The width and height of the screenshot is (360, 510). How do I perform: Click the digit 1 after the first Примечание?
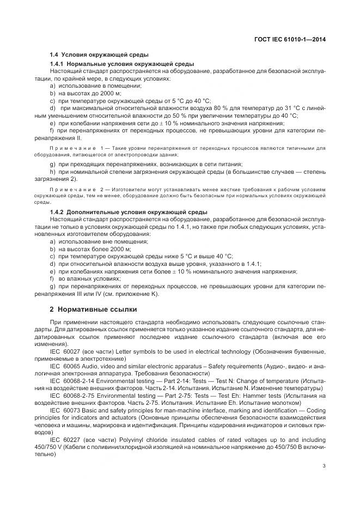[101, 148]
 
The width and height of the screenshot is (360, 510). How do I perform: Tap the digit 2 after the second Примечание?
[101, 189]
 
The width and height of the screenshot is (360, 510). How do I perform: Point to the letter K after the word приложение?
[154, 295]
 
